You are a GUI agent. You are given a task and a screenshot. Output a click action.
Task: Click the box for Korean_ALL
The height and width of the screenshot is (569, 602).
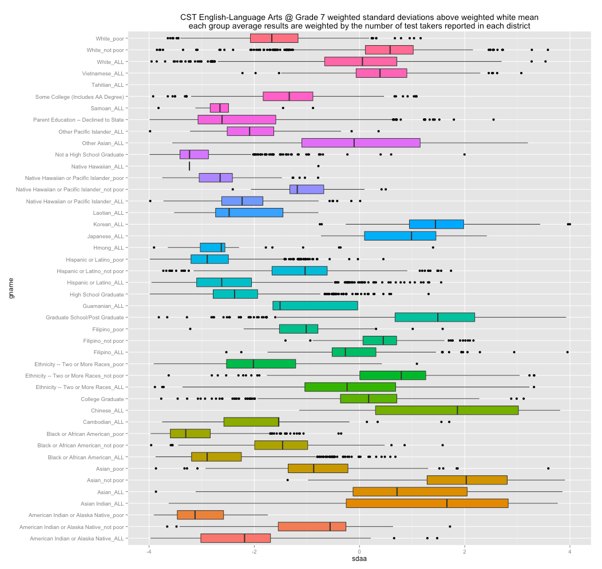[x=436, y=224]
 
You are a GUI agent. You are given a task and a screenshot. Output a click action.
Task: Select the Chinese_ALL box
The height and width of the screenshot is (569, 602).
[x=447, y=410]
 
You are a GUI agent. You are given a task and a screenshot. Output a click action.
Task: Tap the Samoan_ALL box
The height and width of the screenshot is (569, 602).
[x=219, y=108]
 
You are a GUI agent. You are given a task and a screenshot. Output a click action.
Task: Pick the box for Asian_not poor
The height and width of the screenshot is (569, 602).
[x=467, y=480]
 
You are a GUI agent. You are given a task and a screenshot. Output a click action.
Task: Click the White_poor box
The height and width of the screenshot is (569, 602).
[x=274, y=38]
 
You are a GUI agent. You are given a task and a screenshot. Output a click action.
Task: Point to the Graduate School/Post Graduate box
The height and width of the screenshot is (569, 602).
[x=434, y=317]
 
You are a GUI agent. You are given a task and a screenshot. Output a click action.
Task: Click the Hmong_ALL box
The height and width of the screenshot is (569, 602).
[x=212, y=247]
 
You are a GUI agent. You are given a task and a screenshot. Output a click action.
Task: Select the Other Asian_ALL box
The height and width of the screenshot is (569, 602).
[x=361, y=143]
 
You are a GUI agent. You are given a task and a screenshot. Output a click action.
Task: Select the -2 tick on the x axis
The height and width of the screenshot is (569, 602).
[x=254, y=552]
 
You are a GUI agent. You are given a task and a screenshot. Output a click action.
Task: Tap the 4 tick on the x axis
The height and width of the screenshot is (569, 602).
[x=570, y=552]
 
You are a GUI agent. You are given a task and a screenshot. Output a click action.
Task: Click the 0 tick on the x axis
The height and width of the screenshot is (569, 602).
[x=359, y=552]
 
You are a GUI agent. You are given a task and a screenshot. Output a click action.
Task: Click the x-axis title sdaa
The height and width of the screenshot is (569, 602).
[x=359, y=561]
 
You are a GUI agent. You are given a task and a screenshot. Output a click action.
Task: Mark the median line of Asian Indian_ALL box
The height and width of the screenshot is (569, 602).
[x=447, y=503]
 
